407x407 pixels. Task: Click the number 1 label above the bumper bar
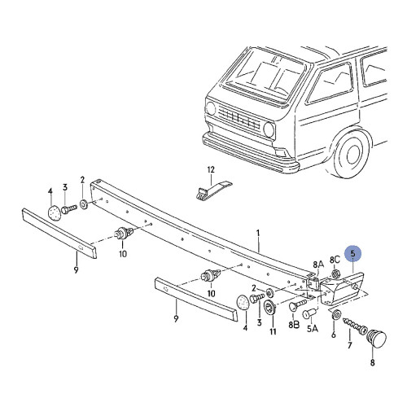[258, 233]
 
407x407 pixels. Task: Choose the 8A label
[317, 264]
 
